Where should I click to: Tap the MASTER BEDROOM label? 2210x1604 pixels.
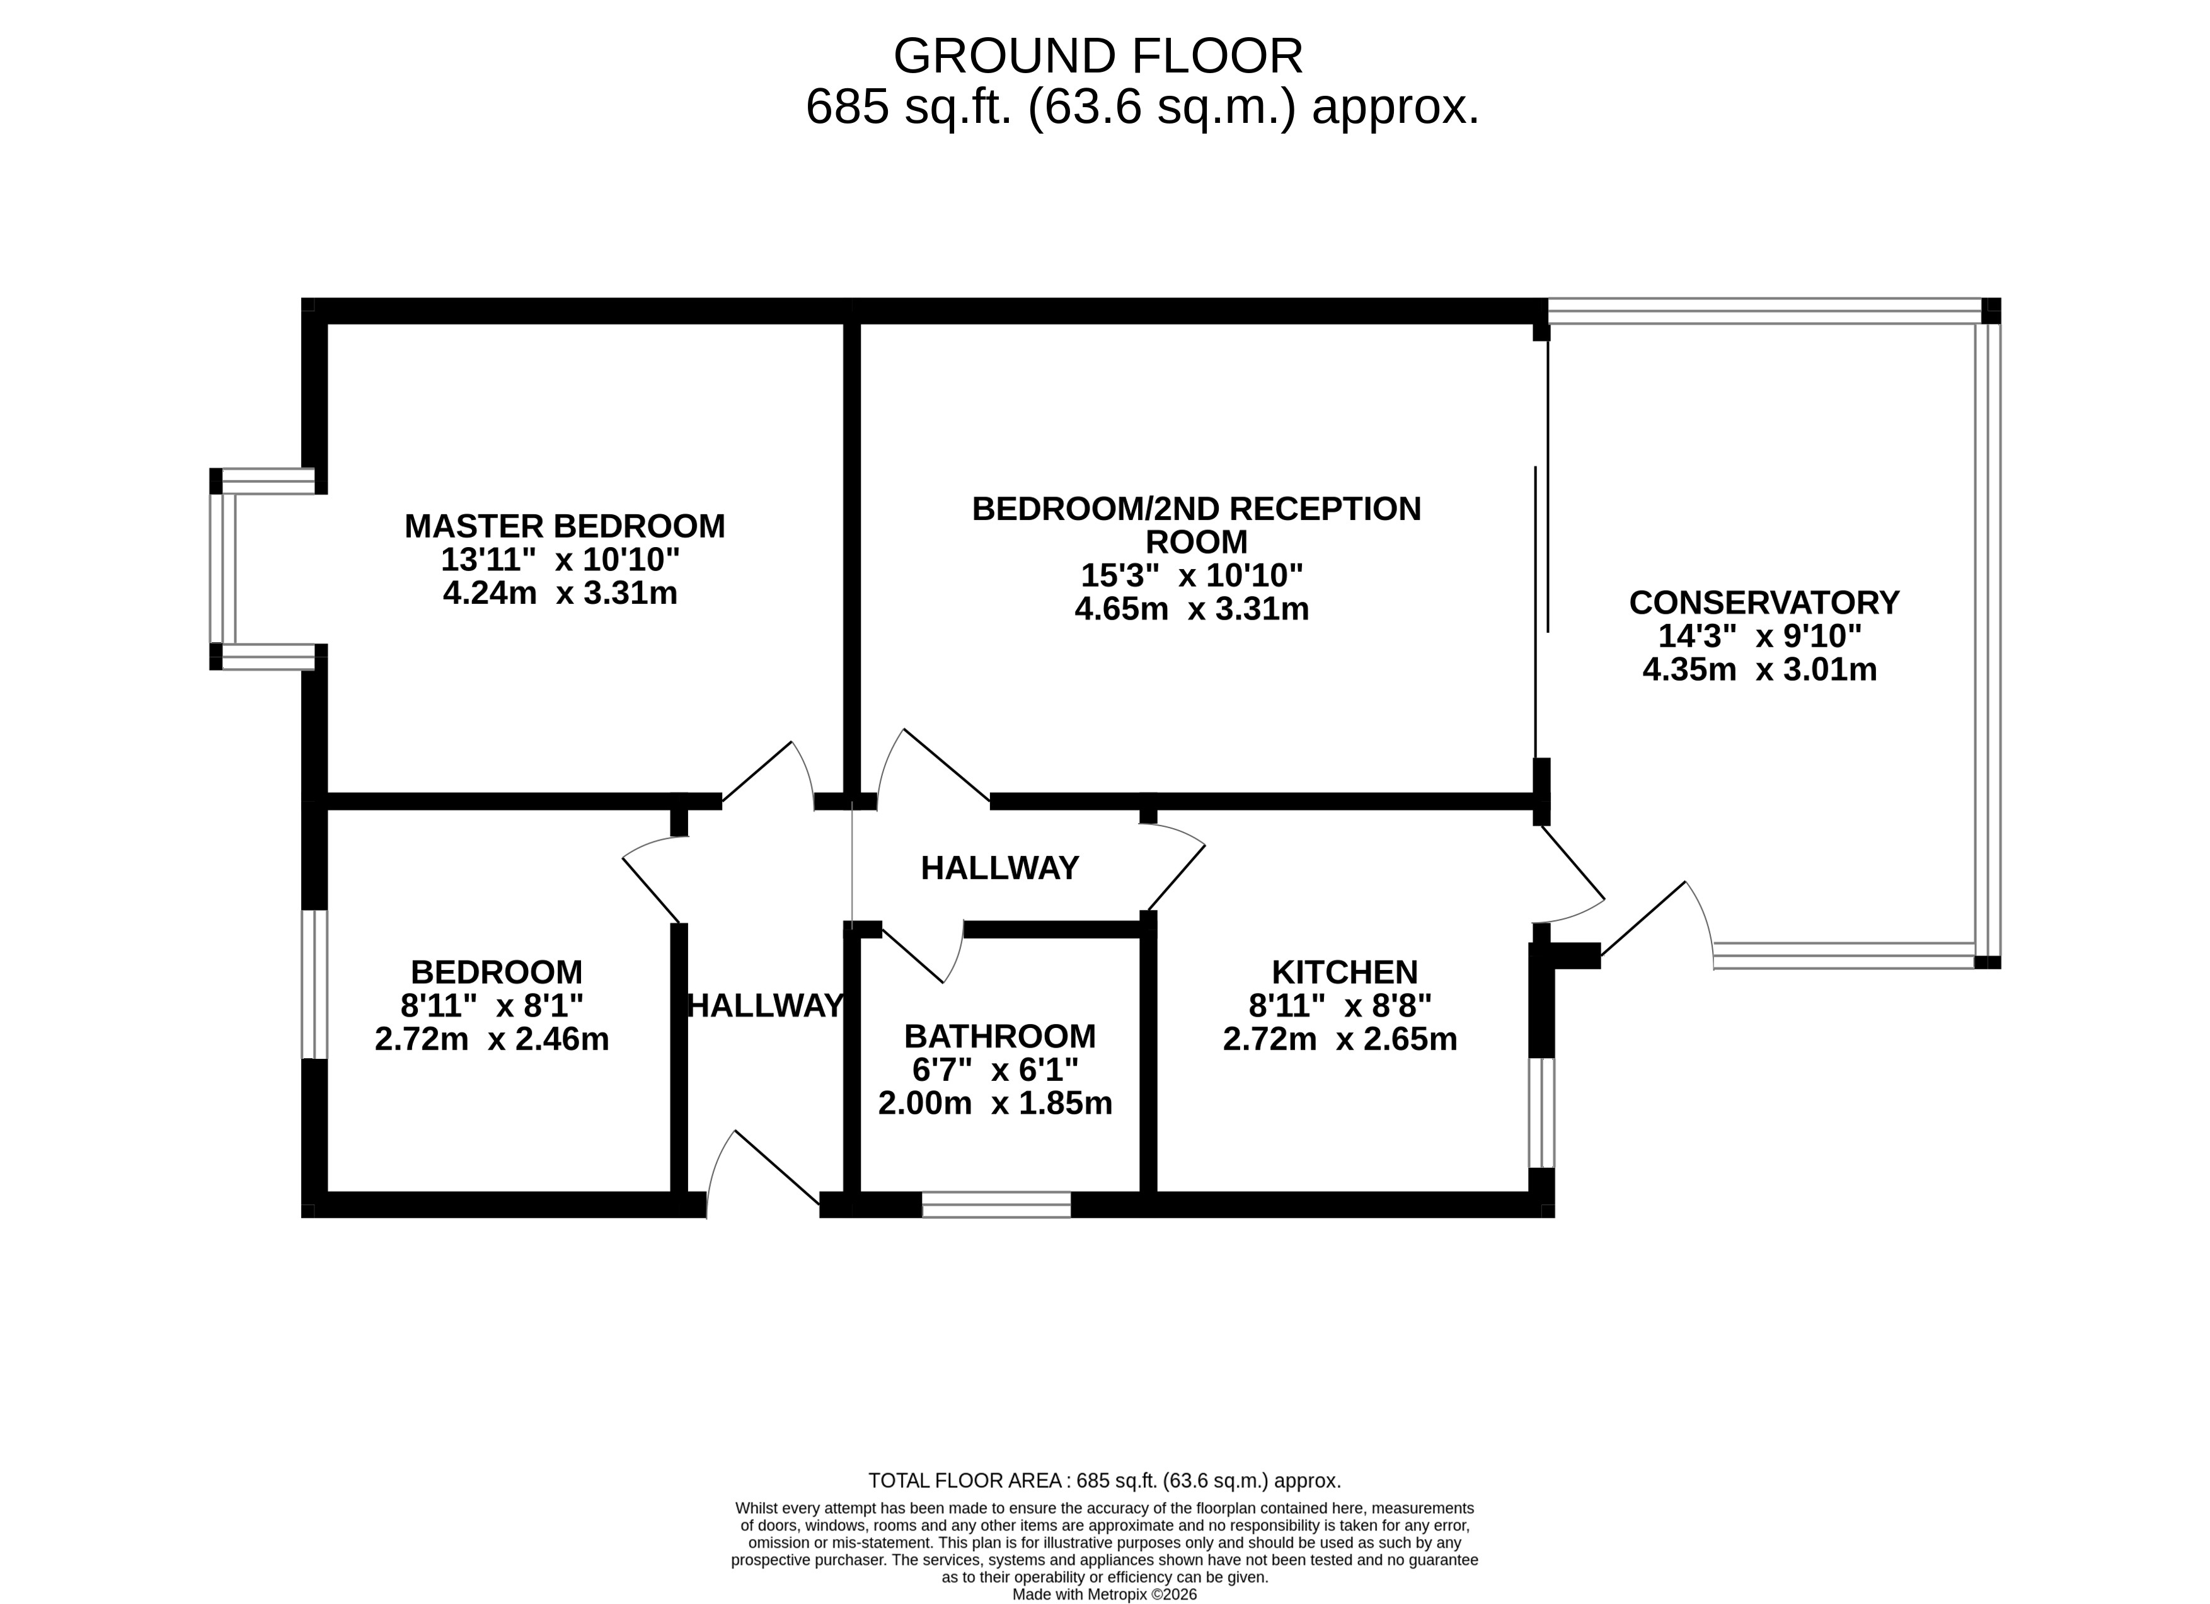[565, 526]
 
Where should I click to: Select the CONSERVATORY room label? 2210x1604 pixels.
[1764, 603]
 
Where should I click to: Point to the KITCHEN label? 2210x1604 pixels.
[1345, 972]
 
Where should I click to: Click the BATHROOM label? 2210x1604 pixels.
[999, 1036]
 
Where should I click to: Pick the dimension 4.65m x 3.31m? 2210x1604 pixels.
[1192, 609]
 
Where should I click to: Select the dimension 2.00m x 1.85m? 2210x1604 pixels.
[995, 1103]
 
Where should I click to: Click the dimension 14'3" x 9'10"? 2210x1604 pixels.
[1760, 637]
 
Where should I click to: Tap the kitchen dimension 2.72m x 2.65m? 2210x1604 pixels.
[1340, 1039]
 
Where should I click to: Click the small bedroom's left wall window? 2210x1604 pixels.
[314, 984]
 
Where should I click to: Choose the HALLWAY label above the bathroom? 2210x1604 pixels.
[999, 867]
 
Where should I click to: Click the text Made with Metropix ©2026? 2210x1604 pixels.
[1105, 1595]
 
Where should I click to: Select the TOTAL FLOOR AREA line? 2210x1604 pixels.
[1105, 1480]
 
